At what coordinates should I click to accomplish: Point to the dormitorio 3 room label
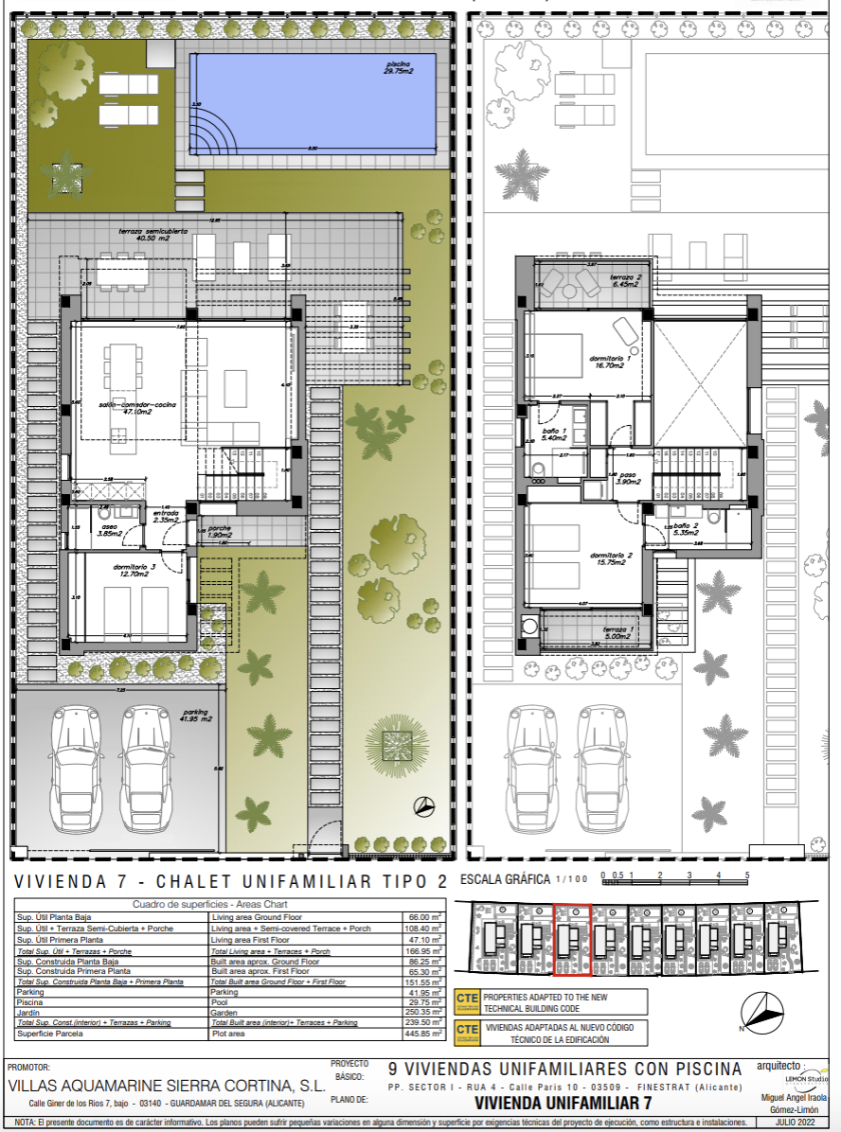pos(109,568)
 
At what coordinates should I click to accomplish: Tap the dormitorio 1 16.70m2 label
pos(610,363)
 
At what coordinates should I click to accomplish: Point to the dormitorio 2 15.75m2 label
pos(611,559)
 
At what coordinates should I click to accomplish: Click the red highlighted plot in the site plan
pos(572,939)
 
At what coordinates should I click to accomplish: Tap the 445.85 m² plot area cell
pos(422,1035)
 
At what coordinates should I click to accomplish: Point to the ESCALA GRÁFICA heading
pos(504,879)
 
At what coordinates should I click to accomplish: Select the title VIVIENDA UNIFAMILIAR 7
pos(563,1103)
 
